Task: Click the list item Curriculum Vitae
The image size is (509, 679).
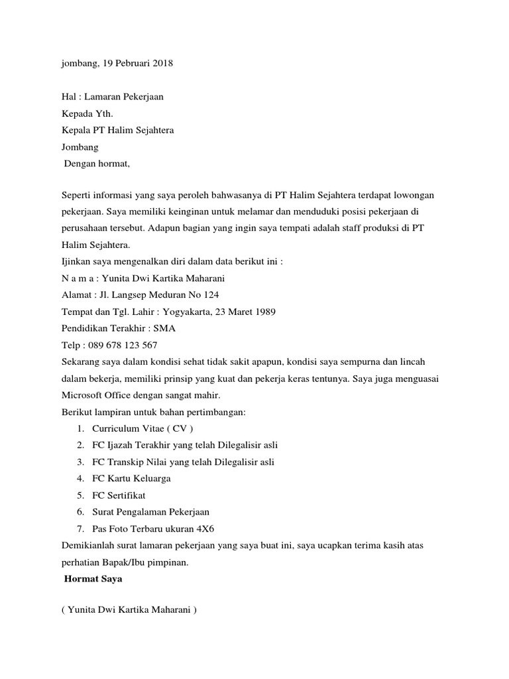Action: coord(142,428)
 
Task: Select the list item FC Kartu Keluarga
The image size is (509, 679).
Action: coord(131,477)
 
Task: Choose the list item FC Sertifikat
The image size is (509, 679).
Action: coord(119,495)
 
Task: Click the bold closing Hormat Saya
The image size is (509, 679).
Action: coord(93,579)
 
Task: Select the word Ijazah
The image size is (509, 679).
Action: coord(122,444)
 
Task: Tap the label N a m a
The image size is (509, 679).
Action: coord(76,278)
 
